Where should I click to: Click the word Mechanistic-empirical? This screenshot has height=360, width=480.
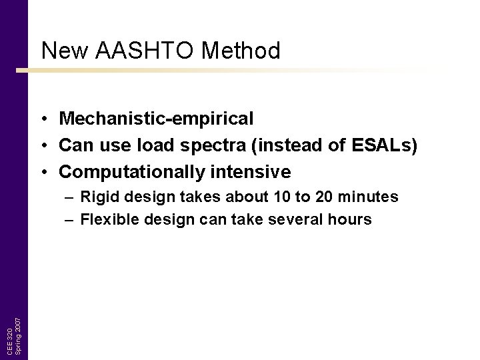(156, 119)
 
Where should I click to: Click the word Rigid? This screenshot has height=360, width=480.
(97, 197)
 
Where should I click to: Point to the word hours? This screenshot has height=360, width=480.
(351, 219)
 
